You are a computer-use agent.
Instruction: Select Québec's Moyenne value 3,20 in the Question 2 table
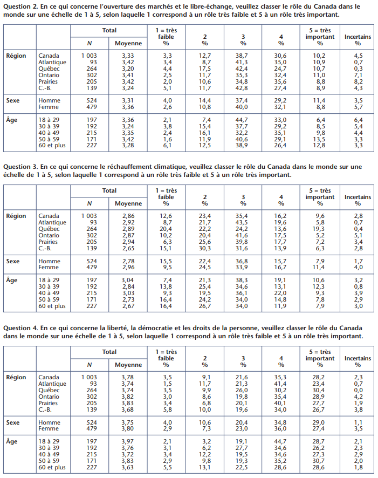128,69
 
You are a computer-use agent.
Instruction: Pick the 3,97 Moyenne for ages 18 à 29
128,441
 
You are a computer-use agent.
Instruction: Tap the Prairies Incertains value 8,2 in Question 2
358,81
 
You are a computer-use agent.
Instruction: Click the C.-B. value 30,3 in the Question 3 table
205,248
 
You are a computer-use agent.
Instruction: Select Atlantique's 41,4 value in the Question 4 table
280,384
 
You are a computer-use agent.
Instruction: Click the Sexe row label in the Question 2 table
13,100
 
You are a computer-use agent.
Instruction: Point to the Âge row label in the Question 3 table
11,280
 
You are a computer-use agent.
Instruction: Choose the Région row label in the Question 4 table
16,378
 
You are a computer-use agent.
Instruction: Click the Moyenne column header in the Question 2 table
128,43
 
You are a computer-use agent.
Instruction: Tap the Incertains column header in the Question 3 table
358,197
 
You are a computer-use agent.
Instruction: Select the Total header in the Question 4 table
109,352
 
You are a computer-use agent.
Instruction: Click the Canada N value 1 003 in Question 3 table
89,216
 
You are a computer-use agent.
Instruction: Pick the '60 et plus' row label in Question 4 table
52,467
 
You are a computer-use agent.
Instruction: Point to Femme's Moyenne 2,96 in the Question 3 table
128,268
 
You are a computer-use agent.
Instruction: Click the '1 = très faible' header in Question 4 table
166,355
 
